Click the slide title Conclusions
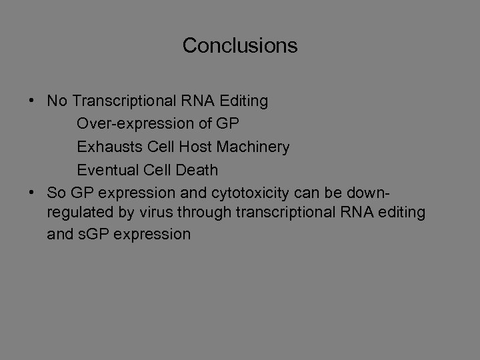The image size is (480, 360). click(240, 46)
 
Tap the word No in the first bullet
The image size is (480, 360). click(57, 101)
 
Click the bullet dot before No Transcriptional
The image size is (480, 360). click(32, 101)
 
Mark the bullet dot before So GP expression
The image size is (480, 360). click(32, 192)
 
